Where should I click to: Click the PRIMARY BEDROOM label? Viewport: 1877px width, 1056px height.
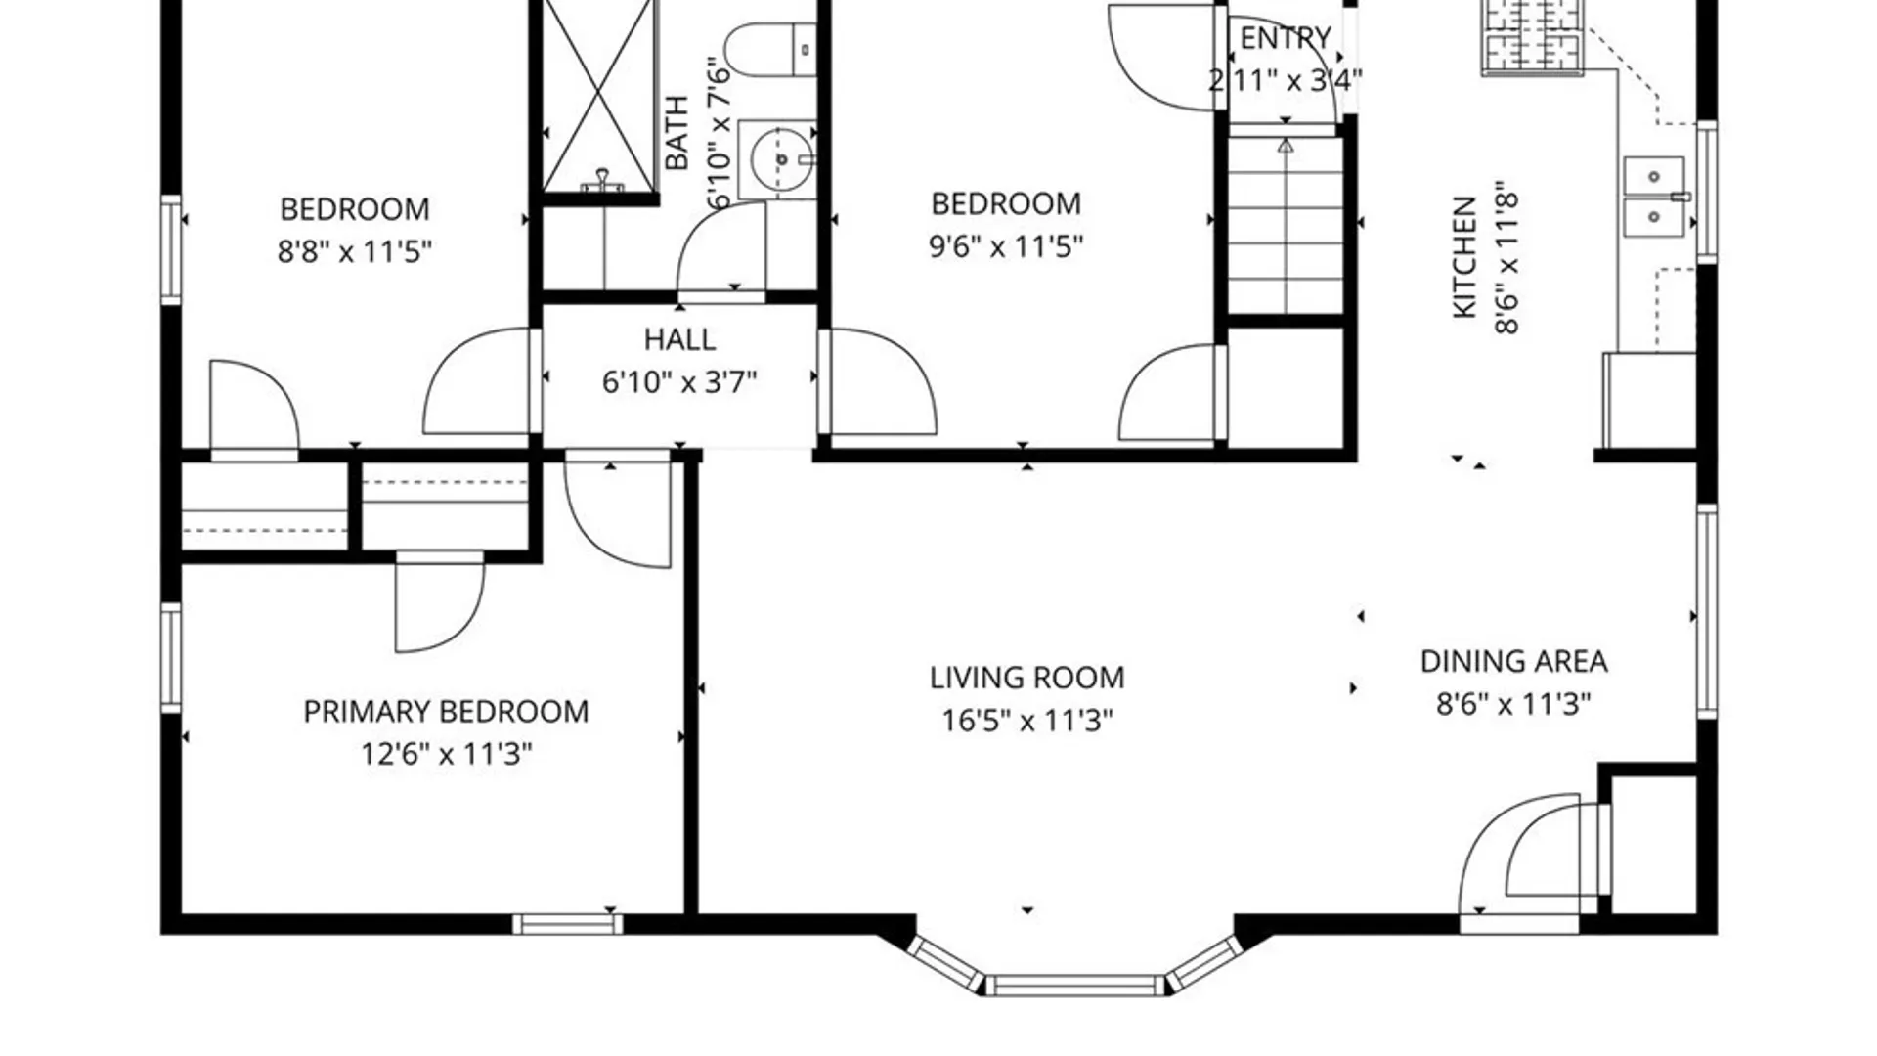click(446, 712)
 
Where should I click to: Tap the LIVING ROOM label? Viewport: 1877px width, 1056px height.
click(1026, 678)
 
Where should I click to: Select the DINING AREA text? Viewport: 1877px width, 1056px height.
click(1513, 662)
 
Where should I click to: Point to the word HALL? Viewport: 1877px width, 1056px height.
click(679, 339)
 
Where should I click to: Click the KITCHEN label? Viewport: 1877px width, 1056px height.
click(1463, 257)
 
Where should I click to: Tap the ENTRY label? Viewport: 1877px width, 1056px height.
click(1286, 38)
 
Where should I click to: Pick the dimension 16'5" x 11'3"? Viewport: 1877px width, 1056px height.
click(1026, 721)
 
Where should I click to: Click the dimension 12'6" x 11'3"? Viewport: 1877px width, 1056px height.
click(446, 754)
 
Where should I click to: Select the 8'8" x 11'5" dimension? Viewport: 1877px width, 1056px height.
click(354, 251)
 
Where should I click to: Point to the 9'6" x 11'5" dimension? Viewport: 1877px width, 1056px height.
click(1006, 245)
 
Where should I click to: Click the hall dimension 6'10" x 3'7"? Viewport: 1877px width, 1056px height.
click(679, 381)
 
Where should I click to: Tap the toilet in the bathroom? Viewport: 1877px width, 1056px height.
click(770, 51)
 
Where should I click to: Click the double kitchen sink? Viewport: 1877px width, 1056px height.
click(1654, 197)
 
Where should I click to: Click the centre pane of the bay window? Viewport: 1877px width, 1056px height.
click(1075, 985)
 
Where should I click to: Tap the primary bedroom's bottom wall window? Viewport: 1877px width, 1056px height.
click(568, 924)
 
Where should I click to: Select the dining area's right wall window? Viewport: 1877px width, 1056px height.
click(1706, 612)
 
